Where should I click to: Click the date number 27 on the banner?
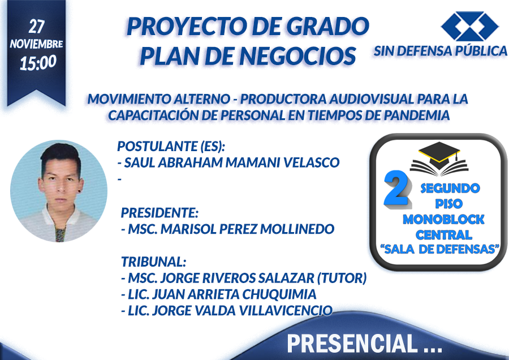click(36, 26)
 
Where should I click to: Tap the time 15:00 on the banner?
click(38, 62)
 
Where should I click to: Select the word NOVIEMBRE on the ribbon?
click(36, 44)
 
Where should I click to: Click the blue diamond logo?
click(470, 26)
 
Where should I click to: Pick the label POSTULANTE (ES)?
click(171, 146)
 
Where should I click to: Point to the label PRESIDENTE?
click(159, 213)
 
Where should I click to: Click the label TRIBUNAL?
click(153, 262)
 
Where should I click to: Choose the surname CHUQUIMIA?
click(279, 294)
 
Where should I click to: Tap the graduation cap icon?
click(439, 158)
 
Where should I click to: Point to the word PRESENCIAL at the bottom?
click(352, 344)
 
